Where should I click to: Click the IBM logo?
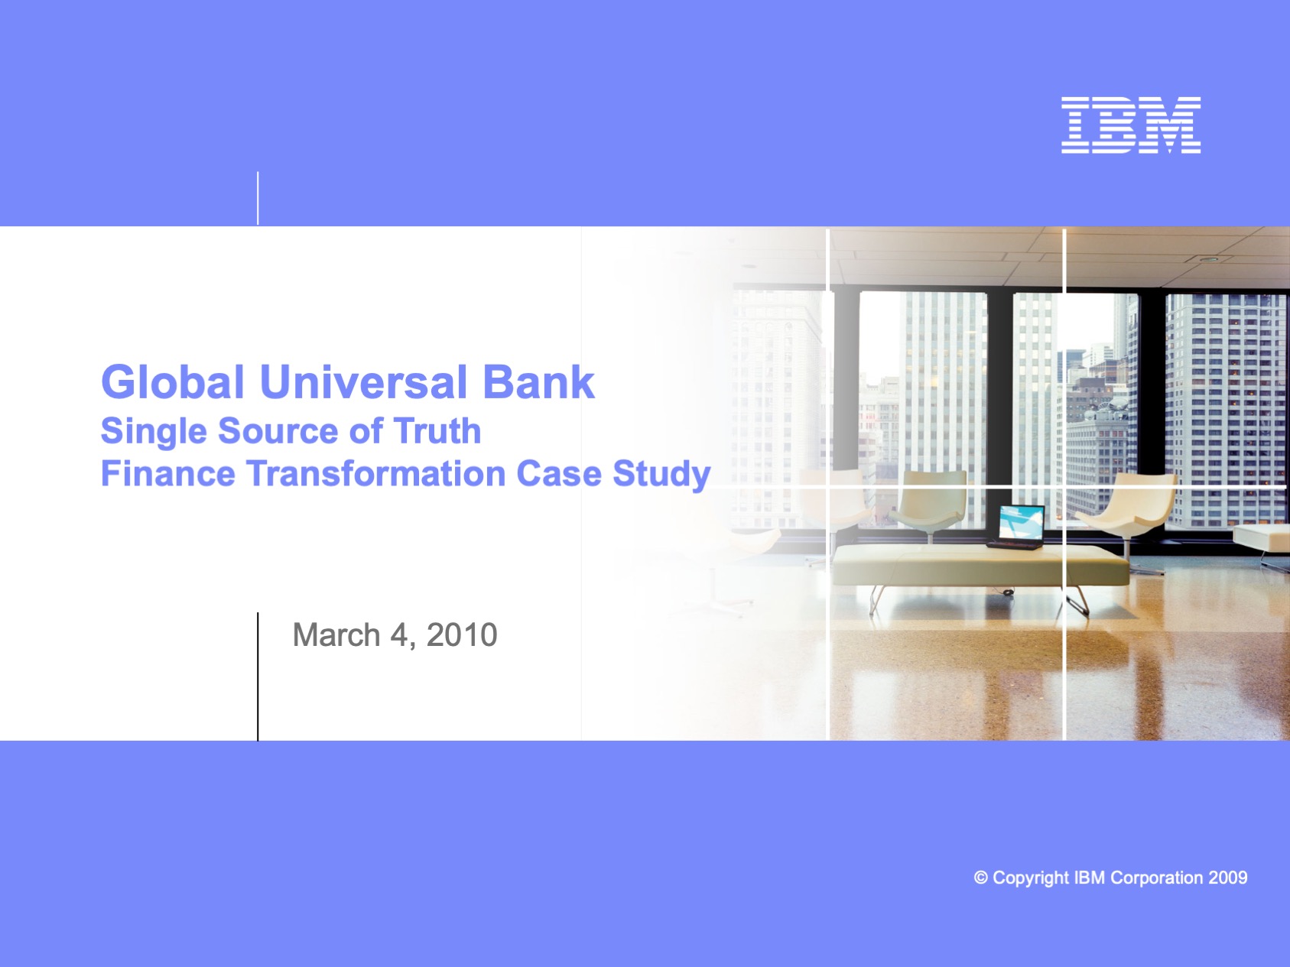[1131, 125]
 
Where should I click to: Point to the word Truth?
[437, 430]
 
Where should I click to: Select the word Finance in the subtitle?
[167, 473]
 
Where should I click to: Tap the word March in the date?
[336, 634]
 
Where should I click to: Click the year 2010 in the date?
[462, 634]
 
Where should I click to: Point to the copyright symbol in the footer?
[980, 878]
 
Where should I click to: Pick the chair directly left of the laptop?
[931, 501]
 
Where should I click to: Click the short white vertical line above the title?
[258, 198]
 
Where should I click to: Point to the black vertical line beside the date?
[258, 677]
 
